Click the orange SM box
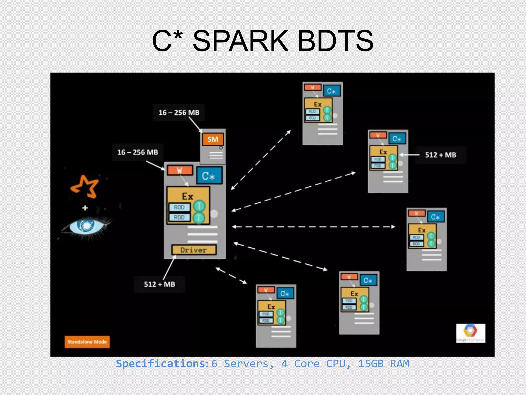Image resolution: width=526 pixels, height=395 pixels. coord(213,139)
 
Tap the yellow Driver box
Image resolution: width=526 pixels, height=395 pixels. coord(194,250)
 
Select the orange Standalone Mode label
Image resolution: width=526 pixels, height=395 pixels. coord(87,342)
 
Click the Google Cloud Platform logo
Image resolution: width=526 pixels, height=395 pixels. coord(471,333)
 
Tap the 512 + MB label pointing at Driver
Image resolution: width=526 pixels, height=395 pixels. coord(159,284)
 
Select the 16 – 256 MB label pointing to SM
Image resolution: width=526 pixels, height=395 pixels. coord(179,113)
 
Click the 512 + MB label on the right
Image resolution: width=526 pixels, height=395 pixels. coord(440,155)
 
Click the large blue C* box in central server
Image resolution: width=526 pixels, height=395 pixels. coord(209,176)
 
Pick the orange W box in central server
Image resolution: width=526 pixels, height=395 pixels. coord(180,170)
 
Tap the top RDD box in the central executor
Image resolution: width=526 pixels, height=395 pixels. coord(179,207)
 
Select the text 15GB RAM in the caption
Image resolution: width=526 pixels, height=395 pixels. coord(384,364)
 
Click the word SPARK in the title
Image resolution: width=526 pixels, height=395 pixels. coord(240,41)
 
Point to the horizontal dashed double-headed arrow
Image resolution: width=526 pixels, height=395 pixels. coord(313,227)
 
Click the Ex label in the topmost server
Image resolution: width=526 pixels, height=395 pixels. coord(318,104)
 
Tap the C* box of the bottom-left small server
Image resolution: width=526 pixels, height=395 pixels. coord(285,293)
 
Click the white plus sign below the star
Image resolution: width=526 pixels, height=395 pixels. coord(85,208)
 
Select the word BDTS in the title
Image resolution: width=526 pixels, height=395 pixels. coord(335,41)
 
